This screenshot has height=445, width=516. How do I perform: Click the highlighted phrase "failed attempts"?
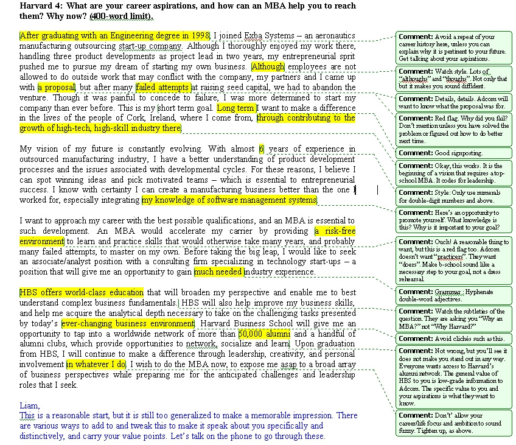tap(162, 87)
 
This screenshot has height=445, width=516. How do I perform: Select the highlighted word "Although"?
tap(268, 66)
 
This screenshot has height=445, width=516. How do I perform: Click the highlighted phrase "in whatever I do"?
tap(96, 364)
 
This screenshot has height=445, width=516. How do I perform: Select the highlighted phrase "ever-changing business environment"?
tap(128, 323)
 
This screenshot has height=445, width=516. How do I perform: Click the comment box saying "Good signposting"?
tap(453, 153)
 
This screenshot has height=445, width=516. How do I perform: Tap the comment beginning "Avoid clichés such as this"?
tap(453, 338)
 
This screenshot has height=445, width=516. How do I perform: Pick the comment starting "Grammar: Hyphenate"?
tap(453, 295)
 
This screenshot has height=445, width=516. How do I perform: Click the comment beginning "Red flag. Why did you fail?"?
tap(453, 129)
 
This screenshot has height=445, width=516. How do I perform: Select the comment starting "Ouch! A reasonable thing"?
tap(453, 260)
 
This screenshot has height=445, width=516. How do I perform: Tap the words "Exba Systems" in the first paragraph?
tap(262, 35)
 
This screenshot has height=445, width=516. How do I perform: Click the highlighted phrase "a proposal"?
tap(56, 87)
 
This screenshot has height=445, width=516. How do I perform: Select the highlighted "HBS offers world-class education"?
tap(82, 292)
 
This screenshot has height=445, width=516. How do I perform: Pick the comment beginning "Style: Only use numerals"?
tap(453, 196)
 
